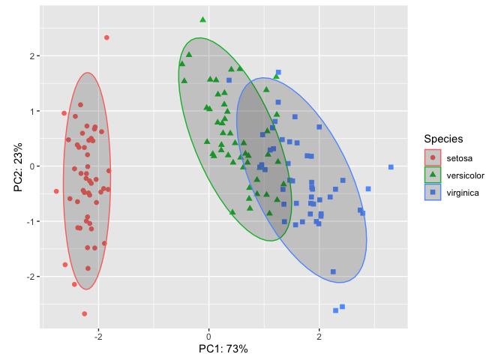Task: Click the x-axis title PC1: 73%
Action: (223, 349)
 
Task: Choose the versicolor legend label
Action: (469, 175)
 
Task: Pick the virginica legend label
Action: (467, 193)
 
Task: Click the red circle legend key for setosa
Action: (433, 157)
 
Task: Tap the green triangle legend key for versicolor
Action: (433, 175)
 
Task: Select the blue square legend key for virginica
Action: (433, 193)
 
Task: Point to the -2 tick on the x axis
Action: (98, 336)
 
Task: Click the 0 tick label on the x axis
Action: (209, 336)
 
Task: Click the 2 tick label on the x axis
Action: (319, 336)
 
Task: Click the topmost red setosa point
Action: (106, 37)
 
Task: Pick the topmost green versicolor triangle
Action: (202, 19)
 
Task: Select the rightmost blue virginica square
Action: (391, 167)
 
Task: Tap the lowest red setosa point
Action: (84, 313)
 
